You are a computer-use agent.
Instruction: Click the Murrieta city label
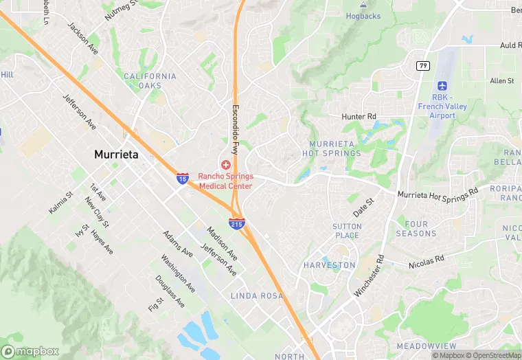(x=116, y=155)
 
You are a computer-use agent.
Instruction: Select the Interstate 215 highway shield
(x=236, y=223)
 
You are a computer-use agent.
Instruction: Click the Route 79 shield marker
(x=422, y=65)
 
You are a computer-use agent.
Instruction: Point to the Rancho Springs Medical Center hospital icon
(x=226, y=165)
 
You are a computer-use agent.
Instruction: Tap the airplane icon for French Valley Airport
(x=442, y=87)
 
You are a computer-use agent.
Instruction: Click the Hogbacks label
(x=363, y=16)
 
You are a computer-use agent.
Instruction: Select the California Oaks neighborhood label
(x=150, y=81)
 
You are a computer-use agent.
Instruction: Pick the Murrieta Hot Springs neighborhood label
(x=331, y=148)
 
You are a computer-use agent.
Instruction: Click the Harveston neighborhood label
(x=330, y=265)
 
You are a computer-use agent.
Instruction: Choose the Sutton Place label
(x=346, y=231)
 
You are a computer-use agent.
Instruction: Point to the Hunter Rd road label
(x=359, y=117)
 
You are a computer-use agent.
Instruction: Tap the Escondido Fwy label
(x=235, y=129)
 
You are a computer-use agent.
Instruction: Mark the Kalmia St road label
(x=60, y=203)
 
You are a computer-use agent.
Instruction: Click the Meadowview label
(x=427, y=346)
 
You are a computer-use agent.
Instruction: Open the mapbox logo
(x=30, y=351)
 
